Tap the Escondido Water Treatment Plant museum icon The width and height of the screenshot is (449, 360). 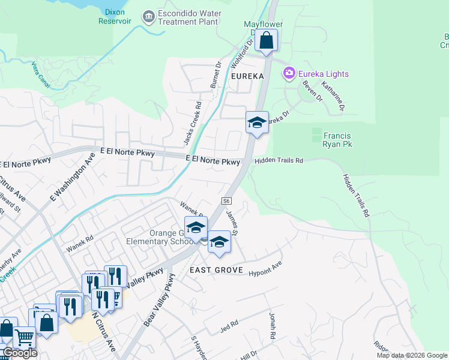[148, 17]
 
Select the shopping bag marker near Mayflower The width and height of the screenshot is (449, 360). [266, 41]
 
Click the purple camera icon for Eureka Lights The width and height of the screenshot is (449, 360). [289, 73]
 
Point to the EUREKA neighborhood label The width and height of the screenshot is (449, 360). [247, 77]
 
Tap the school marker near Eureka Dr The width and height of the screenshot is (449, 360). [256, 123]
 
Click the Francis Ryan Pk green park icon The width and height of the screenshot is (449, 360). [316, 135]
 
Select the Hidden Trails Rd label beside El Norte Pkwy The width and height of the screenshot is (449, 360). [279, 161]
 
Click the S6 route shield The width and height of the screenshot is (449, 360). [226, 201]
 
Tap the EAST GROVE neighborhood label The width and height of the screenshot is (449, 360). [216, 270]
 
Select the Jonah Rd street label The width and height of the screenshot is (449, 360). [272, 325]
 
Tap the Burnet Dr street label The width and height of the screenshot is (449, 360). [216, 74]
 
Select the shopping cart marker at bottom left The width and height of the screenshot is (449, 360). [24, 337]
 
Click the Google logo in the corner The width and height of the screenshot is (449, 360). [19, 353]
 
